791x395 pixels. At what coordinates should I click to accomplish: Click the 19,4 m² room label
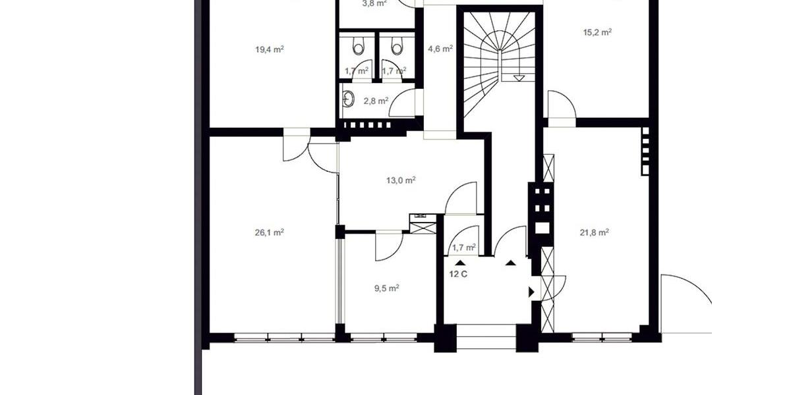click(x=269, y=49)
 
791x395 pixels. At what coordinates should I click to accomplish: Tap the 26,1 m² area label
click(x=269, y=232)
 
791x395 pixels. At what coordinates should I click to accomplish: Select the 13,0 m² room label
click(x=401, y=180)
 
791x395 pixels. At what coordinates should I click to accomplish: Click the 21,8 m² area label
click(x=593, y=232)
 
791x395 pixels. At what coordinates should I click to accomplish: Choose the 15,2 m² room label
click(x=597, y=32)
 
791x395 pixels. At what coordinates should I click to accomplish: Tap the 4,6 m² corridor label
click(x=440, y=49)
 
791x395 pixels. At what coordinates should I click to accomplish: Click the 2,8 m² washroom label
click(x=375, y=101)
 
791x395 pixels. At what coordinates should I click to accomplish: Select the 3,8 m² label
click(x=374, y=3)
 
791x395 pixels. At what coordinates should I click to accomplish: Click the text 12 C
click(x=458, y=275)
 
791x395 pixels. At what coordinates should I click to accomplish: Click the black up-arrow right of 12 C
click(x=511, y=263)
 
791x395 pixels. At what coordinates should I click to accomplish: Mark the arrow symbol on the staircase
click(x=519, y=78)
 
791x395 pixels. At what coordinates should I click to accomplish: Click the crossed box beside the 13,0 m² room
click(x=422, y=226)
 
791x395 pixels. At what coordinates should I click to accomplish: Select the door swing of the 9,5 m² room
click(x=389, y=245)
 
